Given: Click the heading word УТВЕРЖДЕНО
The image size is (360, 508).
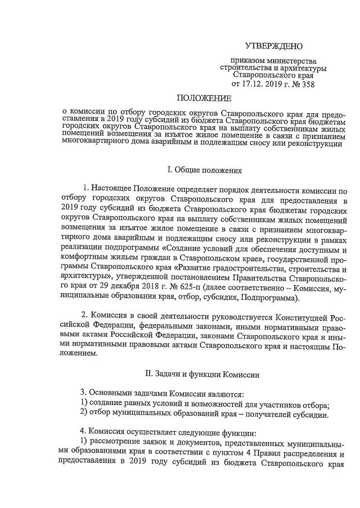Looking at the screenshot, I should coord(274,46).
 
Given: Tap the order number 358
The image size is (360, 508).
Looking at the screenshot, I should coord(306,85).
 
